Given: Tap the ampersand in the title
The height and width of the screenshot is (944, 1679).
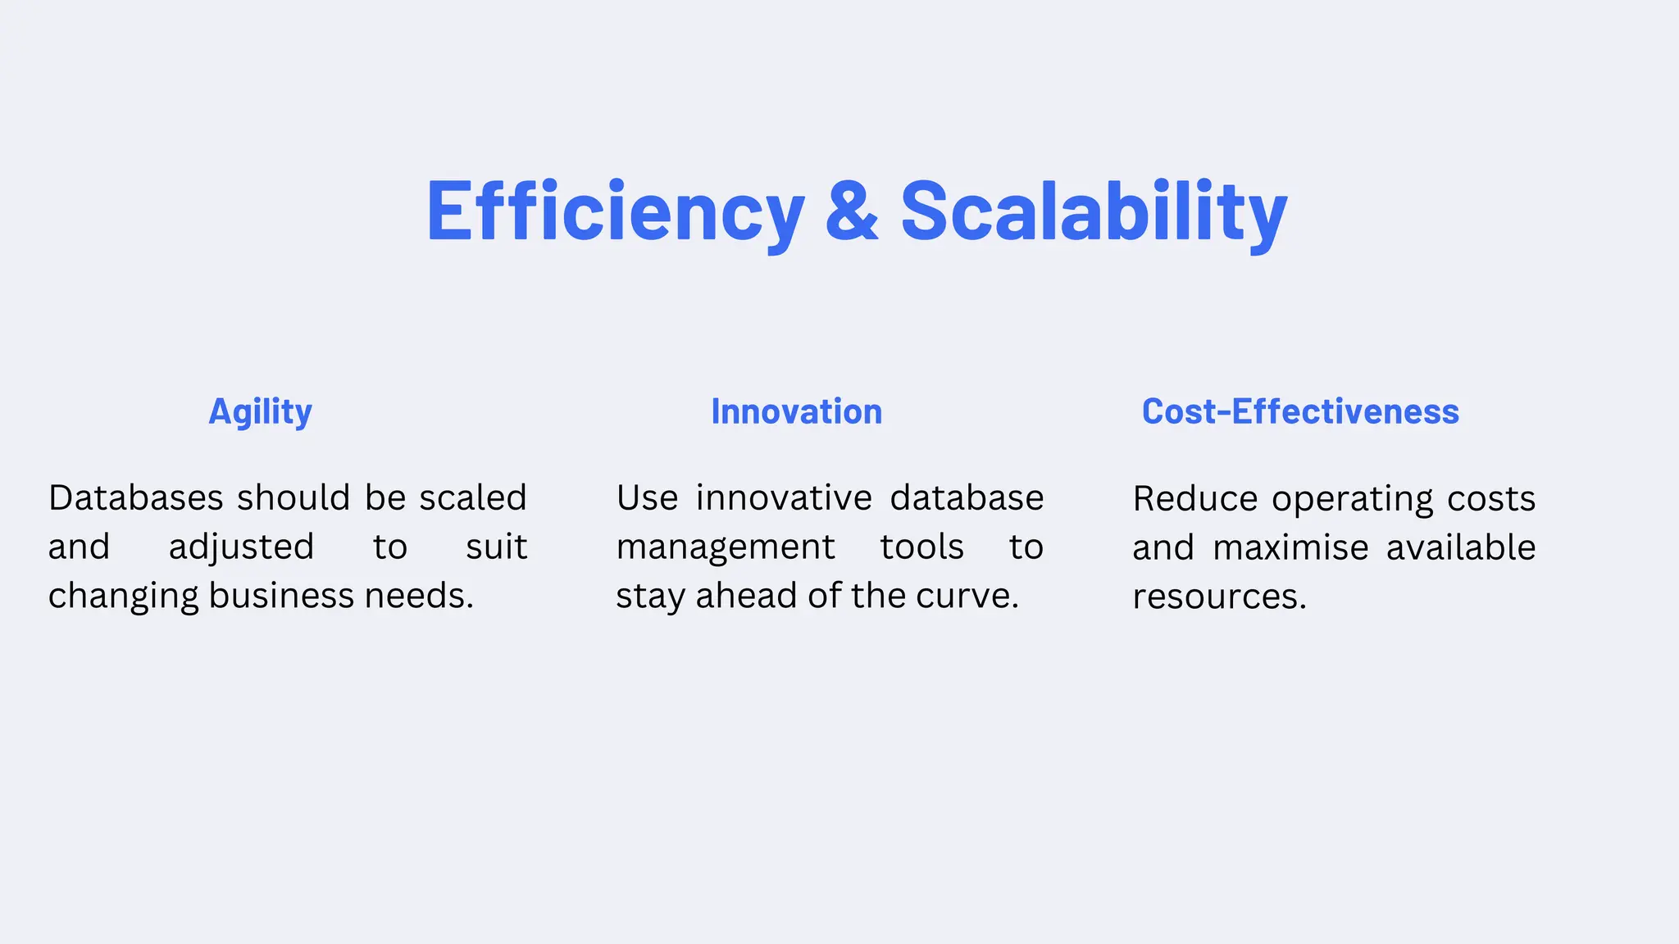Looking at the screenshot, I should pos(852,211).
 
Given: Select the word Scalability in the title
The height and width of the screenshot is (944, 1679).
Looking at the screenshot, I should pos(1094,211).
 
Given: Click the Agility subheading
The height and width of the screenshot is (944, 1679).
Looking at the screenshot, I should pos(260,411).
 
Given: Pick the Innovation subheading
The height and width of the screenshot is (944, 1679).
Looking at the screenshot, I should pos(796,411).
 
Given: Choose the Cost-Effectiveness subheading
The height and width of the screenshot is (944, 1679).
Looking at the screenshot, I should pos(1300,411).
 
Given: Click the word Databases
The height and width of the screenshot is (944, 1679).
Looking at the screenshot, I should pos(136,498).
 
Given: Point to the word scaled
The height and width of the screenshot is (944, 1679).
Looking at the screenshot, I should pos(473,498).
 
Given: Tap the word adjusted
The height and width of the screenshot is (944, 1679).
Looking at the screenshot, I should pos(241,547).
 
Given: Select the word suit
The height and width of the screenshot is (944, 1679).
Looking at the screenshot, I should pos(496,547).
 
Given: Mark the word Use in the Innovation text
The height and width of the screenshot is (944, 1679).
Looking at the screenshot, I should pos(647,498).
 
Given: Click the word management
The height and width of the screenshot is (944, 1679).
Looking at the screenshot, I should pos(726,547).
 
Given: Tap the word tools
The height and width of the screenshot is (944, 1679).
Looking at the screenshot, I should pos(921,547).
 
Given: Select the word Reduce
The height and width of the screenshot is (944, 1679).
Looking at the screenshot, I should pos(1194,499).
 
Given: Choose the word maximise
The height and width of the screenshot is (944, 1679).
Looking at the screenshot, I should pos(1290,547).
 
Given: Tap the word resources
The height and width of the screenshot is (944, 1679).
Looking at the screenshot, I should pos(1219,597).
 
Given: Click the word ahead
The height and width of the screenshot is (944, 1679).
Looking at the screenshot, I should pos(747,596).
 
